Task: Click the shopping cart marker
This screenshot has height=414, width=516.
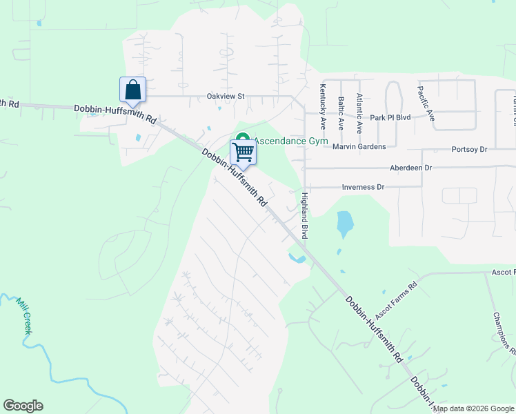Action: [x=243, y=151]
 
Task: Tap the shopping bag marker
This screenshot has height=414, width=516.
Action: [x=133, y=90]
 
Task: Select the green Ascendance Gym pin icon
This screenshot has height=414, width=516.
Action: [x=242, y=138]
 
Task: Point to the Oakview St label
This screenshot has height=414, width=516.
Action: [x=226, y=97]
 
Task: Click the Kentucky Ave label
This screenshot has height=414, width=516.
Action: [x=323, y=107]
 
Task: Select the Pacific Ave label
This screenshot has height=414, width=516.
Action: [x=426, y=103]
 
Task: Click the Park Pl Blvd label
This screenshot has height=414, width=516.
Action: [x=390, y=117]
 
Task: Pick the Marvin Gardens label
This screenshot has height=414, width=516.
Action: [x=364, y=146]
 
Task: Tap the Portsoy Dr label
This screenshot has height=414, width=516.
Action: [x=469, y=149]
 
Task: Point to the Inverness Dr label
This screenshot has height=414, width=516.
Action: [x=363, y=187]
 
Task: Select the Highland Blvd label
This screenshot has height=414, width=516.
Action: [x=304, y=215]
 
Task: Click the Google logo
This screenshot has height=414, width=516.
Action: [x=23, y=406]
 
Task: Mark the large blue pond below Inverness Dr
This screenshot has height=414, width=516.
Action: [x=344, y=223]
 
